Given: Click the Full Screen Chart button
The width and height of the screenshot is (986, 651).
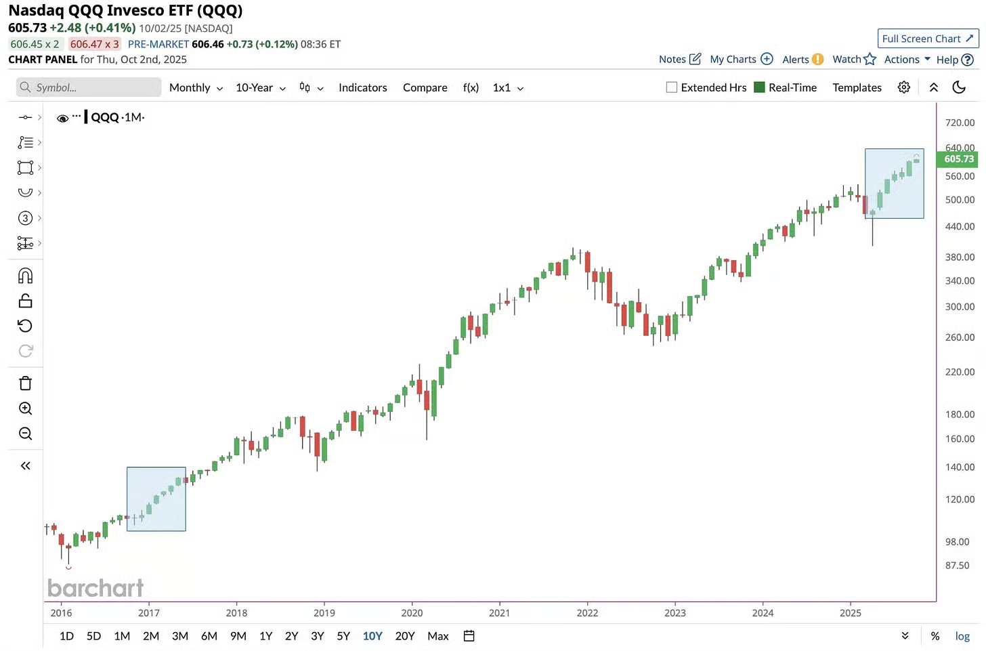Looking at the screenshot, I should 928,39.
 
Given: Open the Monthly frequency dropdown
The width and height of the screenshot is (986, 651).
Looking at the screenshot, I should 196,88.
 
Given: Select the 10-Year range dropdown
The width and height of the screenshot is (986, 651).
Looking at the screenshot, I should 260,88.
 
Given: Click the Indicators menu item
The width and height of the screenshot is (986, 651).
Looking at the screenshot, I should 362,88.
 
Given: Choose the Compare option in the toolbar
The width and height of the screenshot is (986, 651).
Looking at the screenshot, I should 425,88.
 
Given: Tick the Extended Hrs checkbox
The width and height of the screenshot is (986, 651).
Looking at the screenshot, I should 672,87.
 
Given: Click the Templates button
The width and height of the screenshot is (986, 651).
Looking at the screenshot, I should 857,88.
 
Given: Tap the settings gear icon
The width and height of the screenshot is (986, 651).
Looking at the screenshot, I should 903,87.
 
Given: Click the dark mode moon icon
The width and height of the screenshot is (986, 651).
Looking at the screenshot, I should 959,87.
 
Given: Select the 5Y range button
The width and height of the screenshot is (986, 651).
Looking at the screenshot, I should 343,636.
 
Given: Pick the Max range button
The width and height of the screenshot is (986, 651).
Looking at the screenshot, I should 438,636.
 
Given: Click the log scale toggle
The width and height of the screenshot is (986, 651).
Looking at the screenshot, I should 962,636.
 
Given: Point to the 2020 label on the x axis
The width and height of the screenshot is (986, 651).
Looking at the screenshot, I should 412,613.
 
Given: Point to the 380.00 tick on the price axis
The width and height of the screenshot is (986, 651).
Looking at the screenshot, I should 960,257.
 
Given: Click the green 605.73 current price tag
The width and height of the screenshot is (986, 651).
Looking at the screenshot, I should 958,159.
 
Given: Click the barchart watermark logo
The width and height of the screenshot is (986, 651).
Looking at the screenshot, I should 95,588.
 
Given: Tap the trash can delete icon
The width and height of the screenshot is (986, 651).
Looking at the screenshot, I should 26,383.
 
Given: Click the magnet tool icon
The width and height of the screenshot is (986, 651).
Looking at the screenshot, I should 26,276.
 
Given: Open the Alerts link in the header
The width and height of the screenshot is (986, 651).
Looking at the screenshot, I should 802,60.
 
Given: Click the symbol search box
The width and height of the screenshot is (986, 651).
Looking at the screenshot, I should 89,87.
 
